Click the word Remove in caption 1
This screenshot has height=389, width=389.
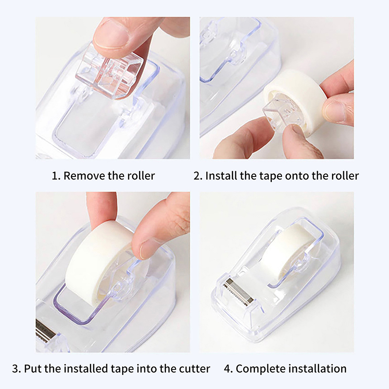point(84,176)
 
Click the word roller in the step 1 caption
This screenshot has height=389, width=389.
point(141,176)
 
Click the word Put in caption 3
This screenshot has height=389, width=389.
point(32,369)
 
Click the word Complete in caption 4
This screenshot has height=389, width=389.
point(258,369)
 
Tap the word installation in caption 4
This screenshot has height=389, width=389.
point(315,369)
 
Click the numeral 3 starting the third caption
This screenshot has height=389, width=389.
point(15,369)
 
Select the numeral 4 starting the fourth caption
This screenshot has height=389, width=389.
point(227,369)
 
